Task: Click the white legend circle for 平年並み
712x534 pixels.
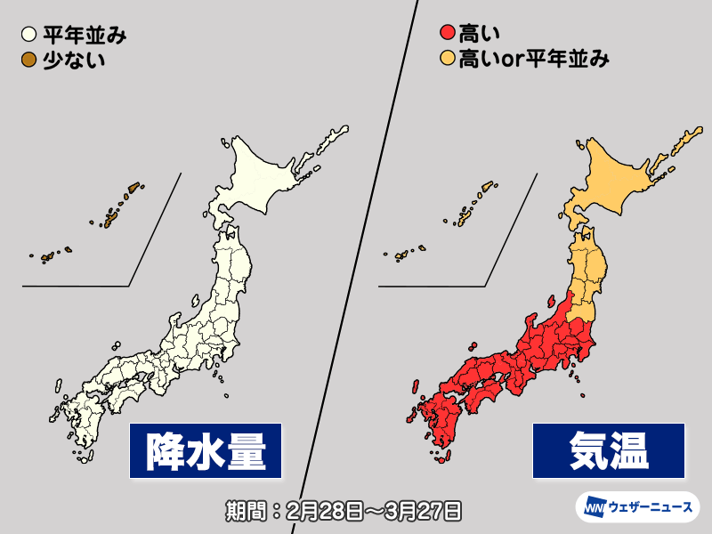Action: pos(28,36)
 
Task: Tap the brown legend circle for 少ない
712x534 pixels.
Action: pos(28,60)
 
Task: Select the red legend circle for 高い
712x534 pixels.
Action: pos(447,36)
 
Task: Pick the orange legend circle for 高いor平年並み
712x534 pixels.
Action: pos(447,60)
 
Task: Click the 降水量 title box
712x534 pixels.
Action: pos(206,450)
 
